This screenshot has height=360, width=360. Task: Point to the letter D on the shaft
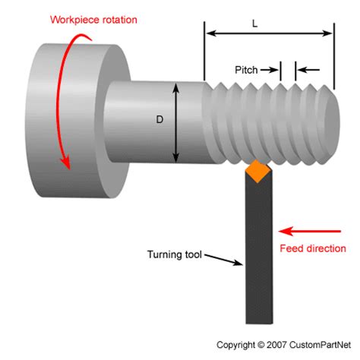tap(160, 119)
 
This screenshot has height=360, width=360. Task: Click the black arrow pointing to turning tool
tap(226, 261)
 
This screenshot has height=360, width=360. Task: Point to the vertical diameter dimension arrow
tap(177, 122)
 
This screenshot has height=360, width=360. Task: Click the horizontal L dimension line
tap(269, 33)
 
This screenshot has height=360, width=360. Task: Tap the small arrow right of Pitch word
tap(271, 69)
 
